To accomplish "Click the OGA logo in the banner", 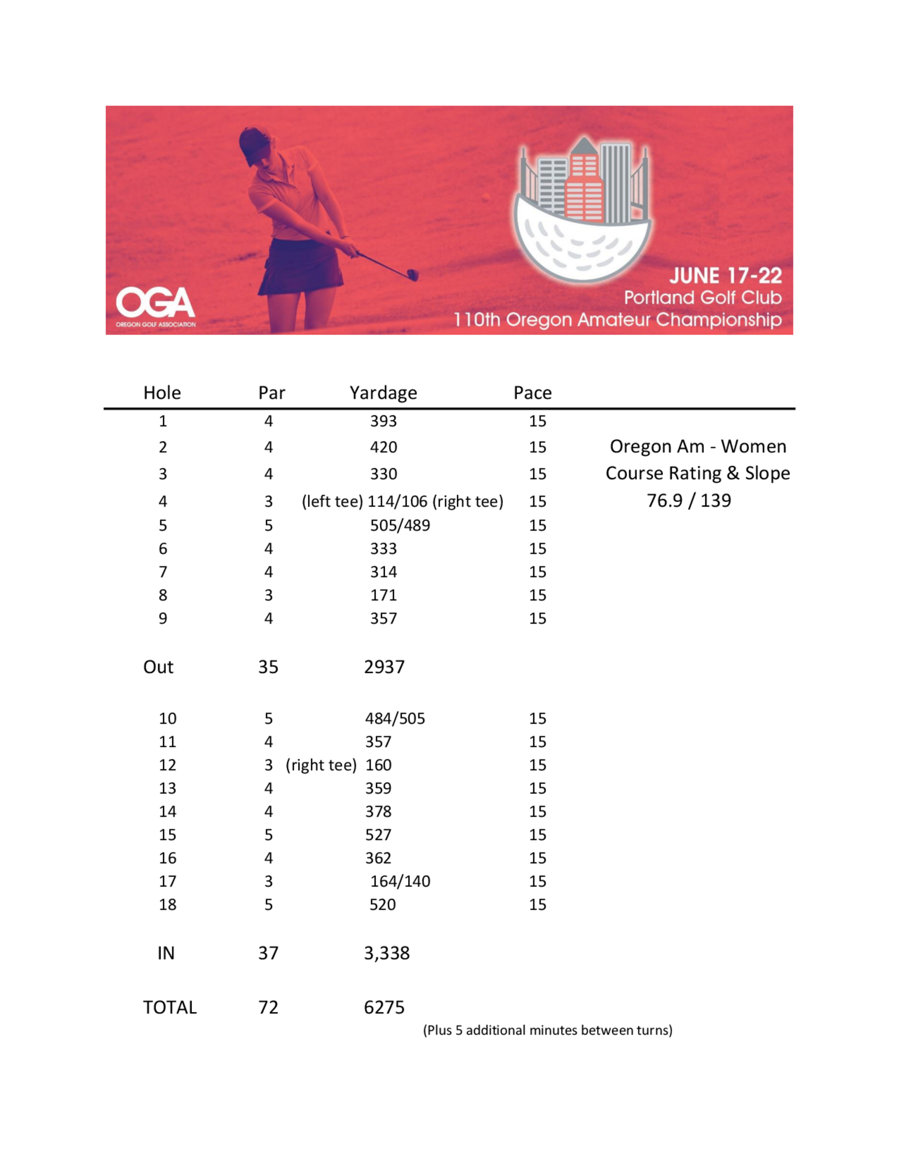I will pos(156,306).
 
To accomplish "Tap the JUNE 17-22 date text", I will pos(725,276).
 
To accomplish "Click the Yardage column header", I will pos(383,393).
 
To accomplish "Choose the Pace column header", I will pos(532,393).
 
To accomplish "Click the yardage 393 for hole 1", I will pos(383,421).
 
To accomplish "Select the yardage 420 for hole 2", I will pos(383,447).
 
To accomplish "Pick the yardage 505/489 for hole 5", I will pos(400,526).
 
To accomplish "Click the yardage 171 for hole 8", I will pos(383,595).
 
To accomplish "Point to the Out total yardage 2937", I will pos(384,667).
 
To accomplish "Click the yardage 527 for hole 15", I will pos(378,835).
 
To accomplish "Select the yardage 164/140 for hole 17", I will pos(400,881).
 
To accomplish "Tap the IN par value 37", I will pos(268,953).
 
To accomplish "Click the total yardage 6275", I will pos(384,1008).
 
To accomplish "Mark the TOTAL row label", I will pos(170,1008).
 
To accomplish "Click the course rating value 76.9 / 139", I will pos(689,501).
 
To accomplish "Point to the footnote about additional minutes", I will pos(547,1030).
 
